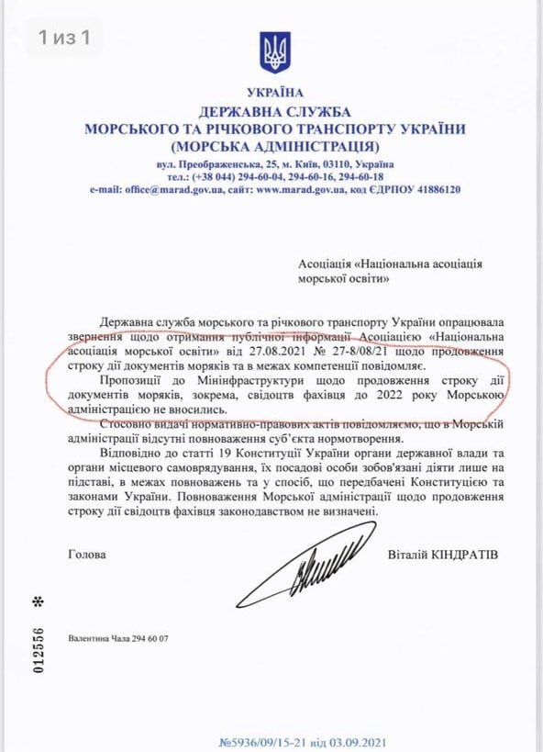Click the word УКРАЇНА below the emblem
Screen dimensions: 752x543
tap(274, 93)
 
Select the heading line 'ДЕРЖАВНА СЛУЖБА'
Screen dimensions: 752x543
tap(274, 111)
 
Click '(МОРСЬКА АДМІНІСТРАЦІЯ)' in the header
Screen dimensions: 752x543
tap(274, 146)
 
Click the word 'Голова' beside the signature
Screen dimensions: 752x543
tap(87, 555)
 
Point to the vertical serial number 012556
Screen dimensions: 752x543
tap(39, 651)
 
